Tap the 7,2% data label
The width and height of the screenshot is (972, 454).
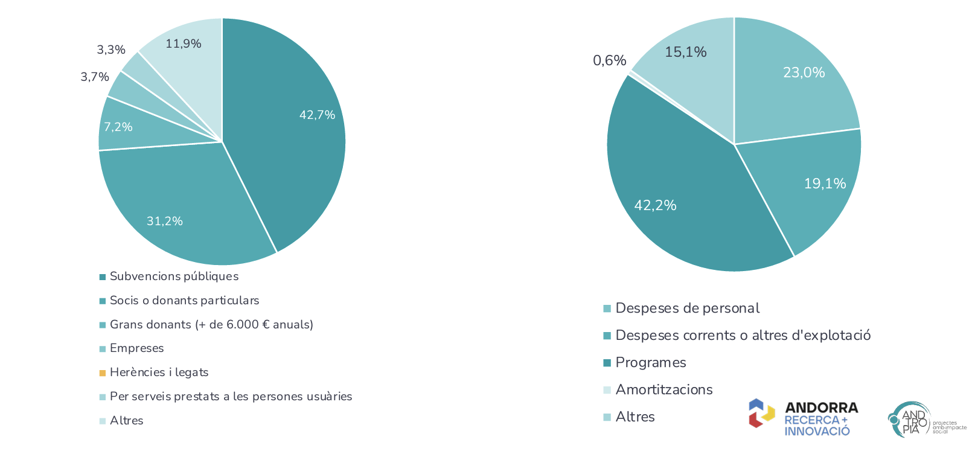tap(118, 127)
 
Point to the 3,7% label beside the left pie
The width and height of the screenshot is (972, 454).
tap(95, 77)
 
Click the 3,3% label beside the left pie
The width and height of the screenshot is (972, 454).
tap(111, 50)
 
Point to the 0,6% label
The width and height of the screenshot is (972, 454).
tap(609, 60)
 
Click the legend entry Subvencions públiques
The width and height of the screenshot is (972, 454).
tap(174, 277)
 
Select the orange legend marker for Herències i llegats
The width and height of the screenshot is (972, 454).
tap(103, 373)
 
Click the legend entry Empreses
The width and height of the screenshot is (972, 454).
tap(136, 348)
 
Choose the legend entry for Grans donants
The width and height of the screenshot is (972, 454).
tap(211, 325)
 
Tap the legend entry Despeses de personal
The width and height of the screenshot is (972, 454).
tap(687, 309)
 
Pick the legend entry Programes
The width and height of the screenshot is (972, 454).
tap(651, 363)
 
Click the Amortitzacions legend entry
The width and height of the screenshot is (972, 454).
tap(664, 390)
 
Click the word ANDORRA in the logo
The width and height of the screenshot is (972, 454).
tap(821, 408)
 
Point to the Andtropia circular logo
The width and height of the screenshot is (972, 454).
tap(909, 419)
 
